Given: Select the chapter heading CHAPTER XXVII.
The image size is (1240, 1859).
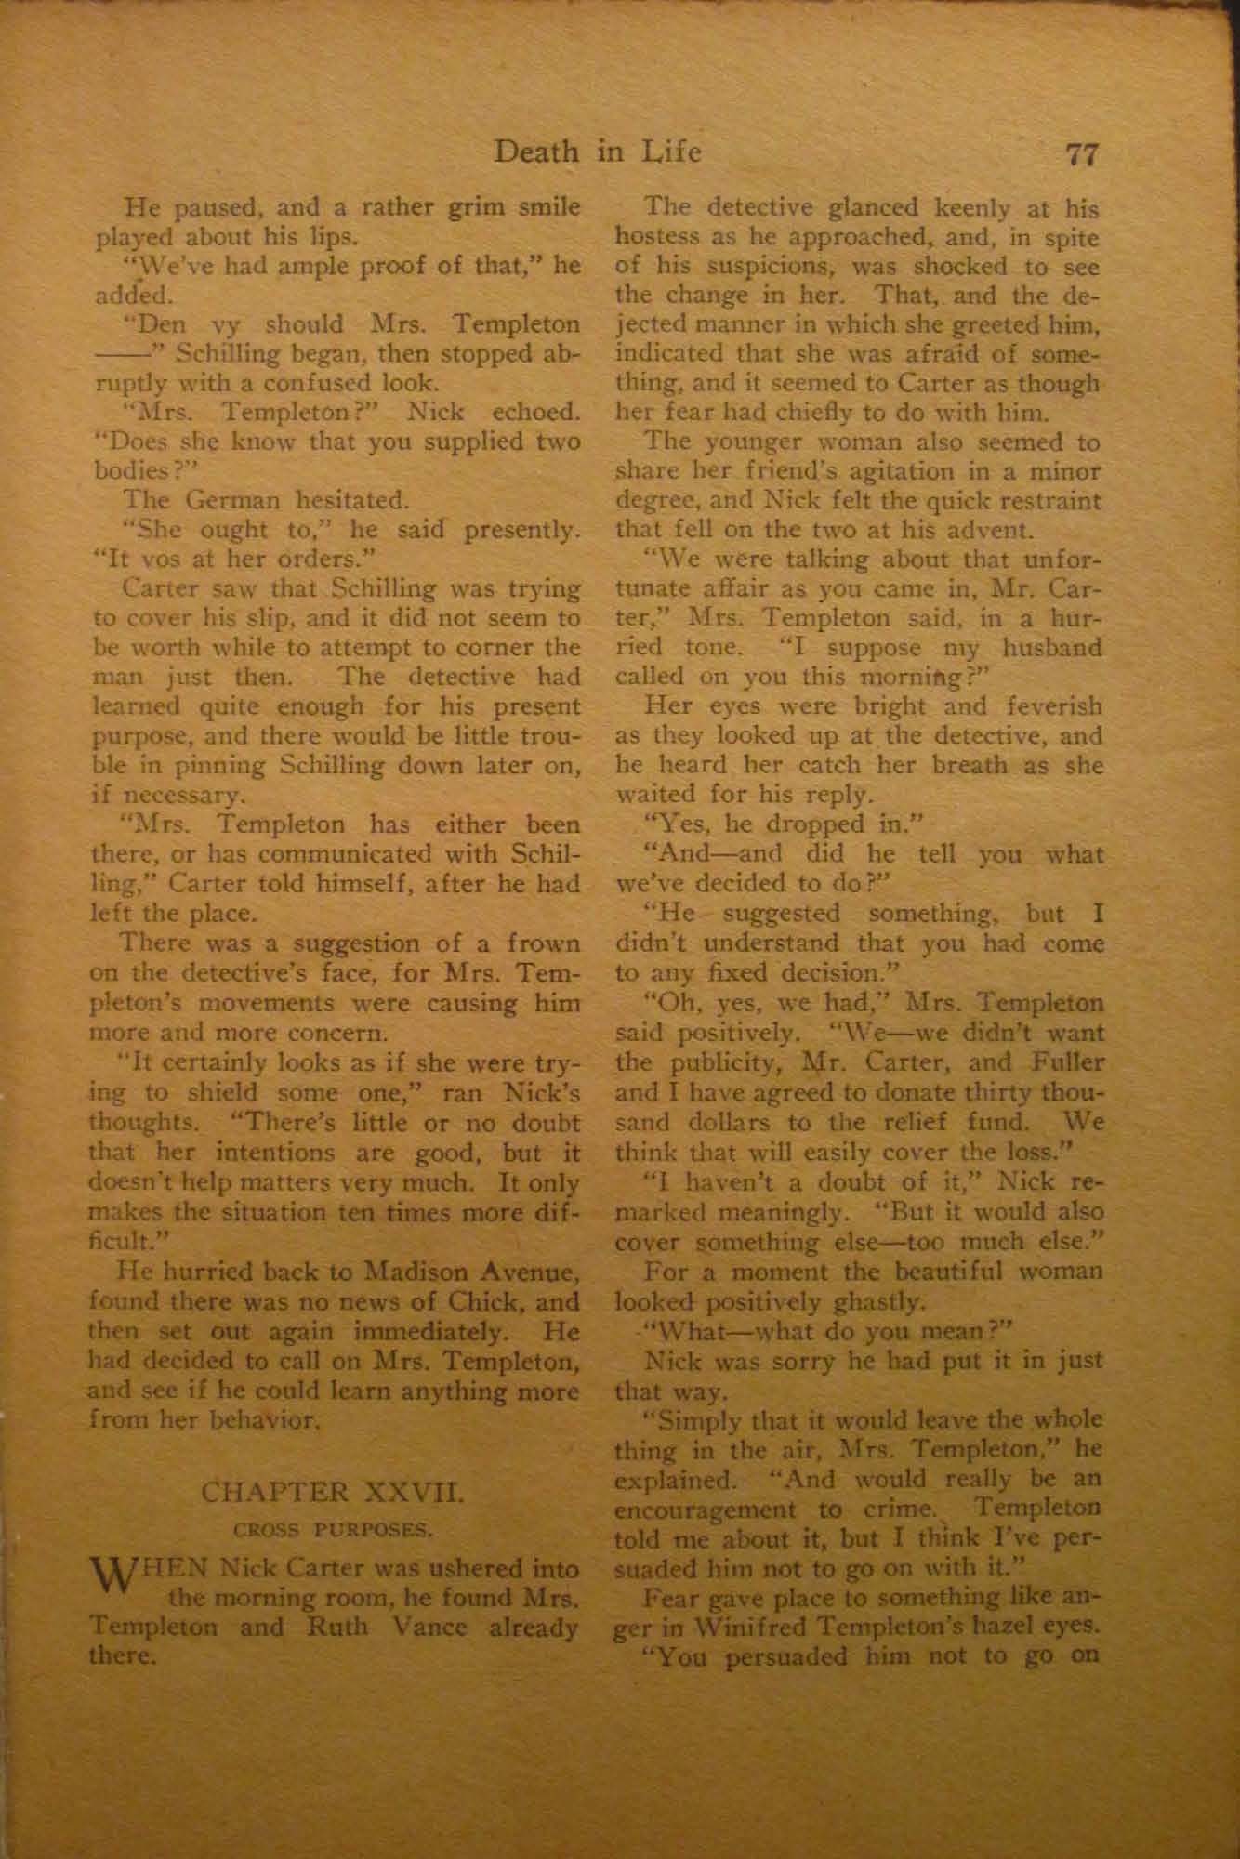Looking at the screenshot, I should (332, 1495).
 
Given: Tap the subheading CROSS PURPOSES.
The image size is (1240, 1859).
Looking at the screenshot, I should (332, 1527).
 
